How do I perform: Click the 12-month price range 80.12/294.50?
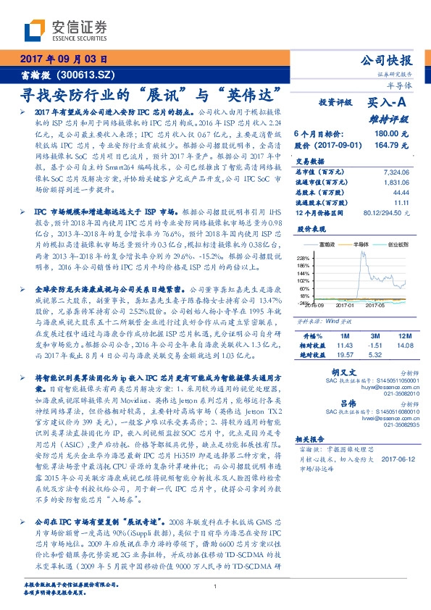pos(388,212)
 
